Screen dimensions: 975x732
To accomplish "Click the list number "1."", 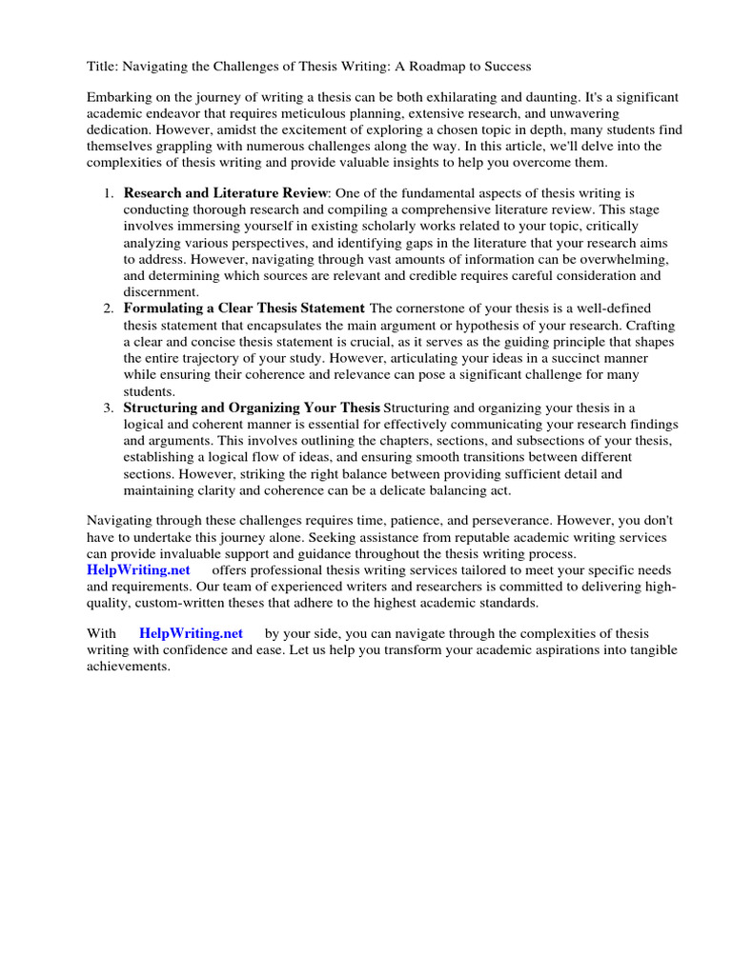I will [x=109, y=192].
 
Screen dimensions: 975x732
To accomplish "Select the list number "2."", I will [x=109, y=308].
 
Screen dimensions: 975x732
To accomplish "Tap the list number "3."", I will [x=109, y=408].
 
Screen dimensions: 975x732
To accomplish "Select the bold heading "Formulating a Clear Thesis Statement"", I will [x=244, y=308].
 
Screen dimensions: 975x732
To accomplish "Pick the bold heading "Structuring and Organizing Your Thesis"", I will [x=252, y=408].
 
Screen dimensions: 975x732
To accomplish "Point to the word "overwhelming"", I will [x=622, y=259].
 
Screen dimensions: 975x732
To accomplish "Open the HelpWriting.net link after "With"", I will [x=191, y=633].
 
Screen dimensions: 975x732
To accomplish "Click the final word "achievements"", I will [x=128, y=667].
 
